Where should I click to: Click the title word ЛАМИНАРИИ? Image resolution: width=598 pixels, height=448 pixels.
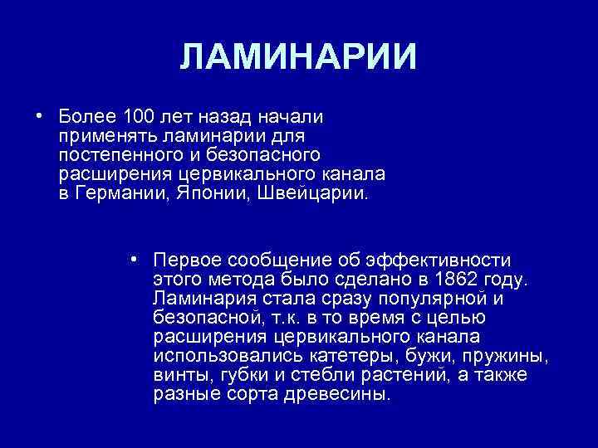(298, 57)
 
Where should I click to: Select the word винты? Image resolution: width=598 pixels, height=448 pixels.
(183, 377)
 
